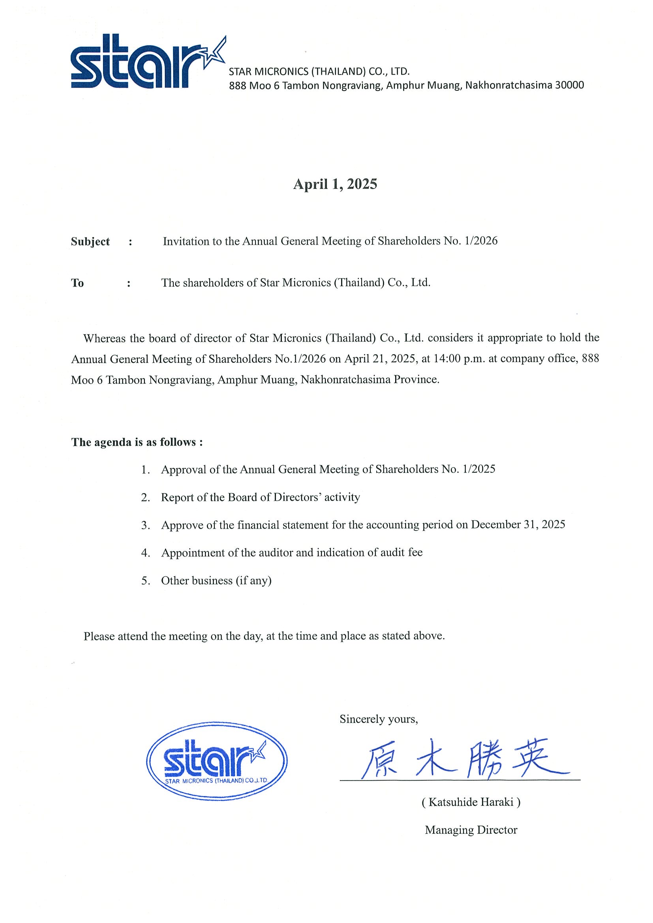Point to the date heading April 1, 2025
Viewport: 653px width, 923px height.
coord(335,184)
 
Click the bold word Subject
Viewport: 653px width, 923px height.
coord(90,242)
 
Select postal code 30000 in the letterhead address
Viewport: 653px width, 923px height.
coord(569,85)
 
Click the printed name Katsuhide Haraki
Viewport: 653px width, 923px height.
coord(471,802)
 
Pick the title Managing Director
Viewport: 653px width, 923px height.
coord(471,830)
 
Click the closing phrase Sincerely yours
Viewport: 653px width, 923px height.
coord(378,719)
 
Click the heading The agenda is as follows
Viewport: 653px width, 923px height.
coord(137,442)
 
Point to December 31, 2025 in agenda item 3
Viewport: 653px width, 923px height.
coord(518,525)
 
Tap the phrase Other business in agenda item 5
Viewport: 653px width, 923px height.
coord(197,581)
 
